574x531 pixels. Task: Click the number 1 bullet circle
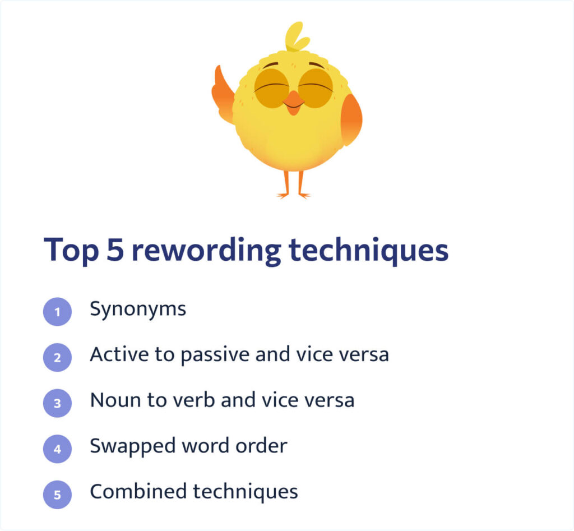58,312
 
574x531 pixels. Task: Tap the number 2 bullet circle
58,357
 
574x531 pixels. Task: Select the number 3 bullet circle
58,403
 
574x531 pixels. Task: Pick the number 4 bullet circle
58,449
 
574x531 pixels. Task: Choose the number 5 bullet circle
58,495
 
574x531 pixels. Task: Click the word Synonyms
138,310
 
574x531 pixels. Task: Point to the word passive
215,355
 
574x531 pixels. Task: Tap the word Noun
115,400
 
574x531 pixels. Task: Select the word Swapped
132,447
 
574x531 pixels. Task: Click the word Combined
138,491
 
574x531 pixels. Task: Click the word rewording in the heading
206,251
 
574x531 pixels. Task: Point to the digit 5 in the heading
115,250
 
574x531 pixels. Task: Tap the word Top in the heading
71,251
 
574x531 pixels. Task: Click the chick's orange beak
294,103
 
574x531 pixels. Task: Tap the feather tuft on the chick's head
296,36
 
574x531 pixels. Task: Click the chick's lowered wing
351,119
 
